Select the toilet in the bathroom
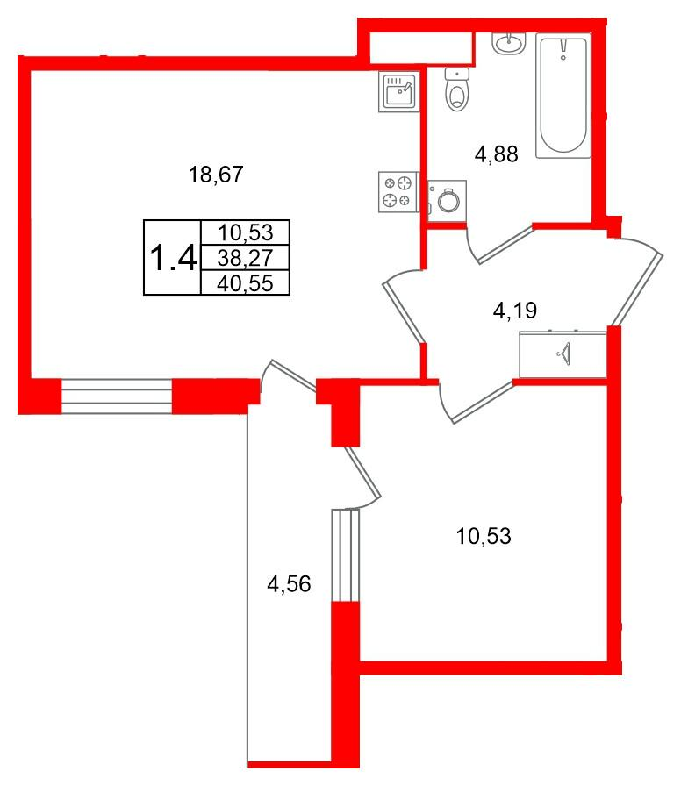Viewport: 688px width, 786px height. [x=455, y=89]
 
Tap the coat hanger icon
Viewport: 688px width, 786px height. [x=563, y=354]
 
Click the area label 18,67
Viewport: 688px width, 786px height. [x=215, y=175]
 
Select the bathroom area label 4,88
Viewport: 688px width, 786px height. [x=497, y=155]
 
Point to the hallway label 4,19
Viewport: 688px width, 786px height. [x=514, y=309]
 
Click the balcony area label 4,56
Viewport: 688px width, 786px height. [x=289, y=584]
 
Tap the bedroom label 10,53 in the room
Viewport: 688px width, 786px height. [x=483, y=534]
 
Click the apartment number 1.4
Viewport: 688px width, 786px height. [x=173, y=257]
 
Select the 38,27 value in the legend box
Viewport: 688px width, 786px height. [x=246, y=258]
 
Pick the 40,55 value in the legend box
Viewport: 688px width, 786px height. [x=246, y=282]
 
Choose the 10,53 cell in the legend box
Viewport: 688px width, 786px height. [x=246, y=232]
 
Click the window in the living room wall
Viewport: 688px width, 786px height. [x=117, y=396]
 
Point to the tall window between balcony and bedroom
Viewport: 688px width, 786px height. [x=346, y=555]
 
